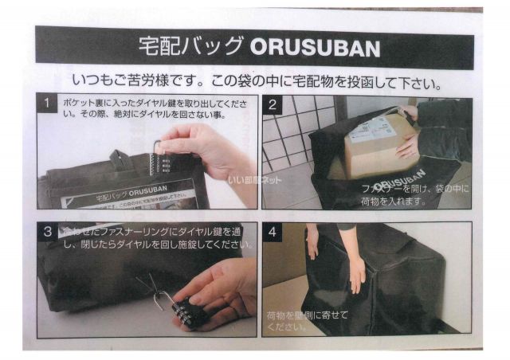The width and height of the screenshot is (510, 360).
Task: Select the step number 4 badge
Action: pos(273,233)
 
